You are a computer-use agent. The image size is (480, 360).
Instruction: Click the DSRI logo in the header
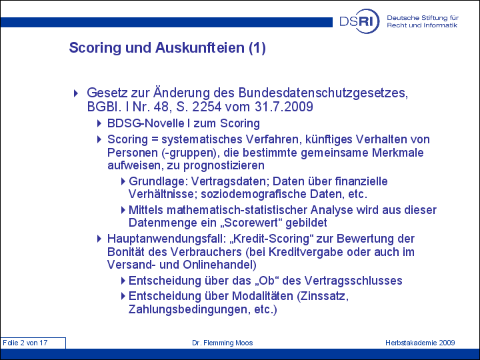pyautogui.click(x=359, y=21)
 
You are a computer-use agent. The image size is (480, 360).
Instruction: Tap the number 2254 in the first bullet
pyautogui.click(x=207, y=107)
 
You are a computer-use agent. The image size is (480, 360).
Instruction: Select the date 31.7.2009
pyautogui.click(x=284, y=107)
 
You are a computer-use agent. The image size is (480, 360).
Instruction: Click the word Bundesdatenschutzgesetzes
pyautogui.click(x=323, y=93)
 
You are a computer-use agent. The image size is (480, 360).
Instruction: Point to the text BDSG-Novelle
pyautogui.click(x=146, y=123)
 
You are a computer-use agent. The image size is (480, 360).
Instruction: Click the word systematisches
pyautogui.click(x=203, y=139)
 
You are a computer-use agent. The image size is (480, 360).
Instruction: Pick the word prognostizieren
pyautogui.click(x=224, y=165)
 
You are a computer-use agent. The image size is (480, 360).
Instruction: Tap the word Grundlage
pyautogui.click(x=157, y=181)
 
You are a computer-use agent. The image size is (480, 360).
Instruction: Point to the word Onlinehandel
pyautogui.click(x=219, y=265)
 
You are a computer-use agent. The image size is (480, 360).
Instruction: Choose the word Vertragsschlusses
pyautogui.click(x=353, y=281)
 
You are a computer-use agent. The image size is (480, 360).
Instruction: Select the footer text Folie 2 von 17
pyautogui.click(x=25, y=343)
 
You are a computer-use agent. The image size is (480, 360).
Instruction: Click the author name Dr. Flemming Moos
pyautogui.click(x=223, y=343)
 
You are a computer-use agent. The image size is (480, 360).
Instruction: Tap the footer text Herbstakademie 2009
pyautogui.click(x=420, y=343)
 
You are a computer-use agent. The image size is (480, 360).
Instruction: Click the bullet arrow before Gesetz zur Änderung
pyautogui.click(x=76, y=93)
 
